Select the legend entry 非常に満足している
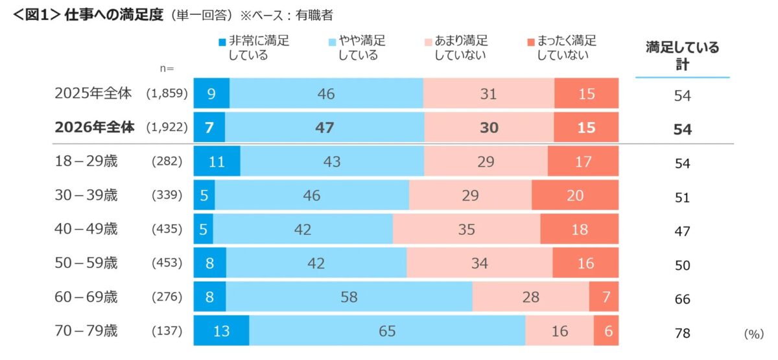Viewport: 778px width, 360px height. point(253,47)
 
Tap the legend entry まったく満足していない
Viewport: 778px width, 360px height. point(561,47)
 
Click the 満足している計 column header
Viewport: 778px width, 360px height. point(682,56)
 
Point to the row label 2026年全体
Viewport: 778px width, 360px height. point(95,128)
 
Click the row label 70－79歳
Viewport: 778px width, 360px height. point(86,331)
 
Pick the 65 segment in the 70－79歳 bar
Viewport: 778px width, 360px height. point(387,331)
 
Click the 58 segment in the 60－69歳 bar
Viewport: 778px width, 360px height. point(349,298)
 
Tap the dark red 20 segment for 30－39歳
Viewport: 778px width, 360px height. point(575,196)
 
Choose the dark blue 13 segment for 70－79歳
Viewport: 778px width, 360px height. point(221,331)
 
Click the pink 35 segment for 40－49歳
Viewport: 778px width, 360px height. point(466,230)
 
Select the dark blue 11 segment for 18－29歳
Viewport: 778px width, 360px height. point(217,162)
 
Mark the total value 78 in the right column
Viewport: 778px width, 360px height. point(682,333)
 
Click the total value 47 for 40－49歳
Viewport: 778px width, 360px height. point(682,232)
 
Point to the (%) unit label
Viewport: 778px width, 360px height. point(754,333)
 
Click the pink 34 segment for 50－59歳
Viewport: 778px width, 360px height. point(479,263)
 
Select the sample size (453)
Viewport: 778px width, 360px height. point(167,263)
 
